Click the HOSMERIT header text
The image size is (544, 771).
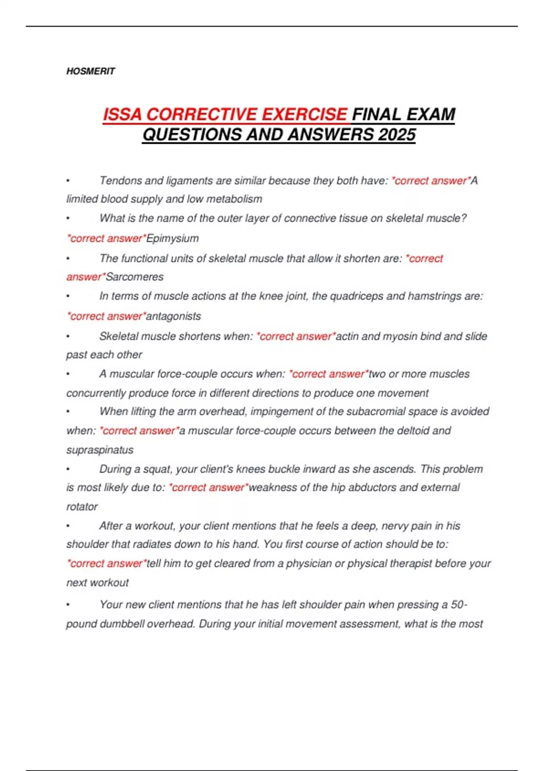click(91, 71)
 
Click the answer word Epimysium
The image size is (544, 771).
click(173, 239)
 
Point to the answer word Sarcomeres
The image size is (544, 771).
click(135, 277)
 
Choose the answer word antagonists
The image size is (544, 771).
click(174, 316)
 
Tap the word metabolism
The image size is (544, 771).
click(234, 199)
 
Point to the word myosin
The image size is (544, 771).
click(400, 337)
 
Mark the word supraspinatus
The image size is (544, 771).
click(100, 450)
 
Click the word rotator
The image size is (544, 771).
click(82, 507)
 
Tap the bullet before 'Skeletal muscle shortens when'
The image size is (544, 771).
click(68, 337)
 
